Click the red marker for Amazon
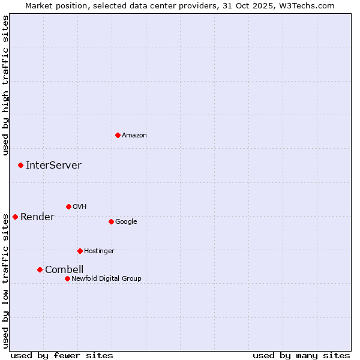pyautogui.click(x=118, y=135)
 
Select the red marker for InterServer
pyautogui.click(x=20, y=165)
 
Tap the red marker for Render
pyautogui.click(x=15, y=217)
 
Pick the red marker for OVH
pyautogui.click(x=68, y=206)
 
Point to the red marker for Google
pyautogui.click(x=111, y=221)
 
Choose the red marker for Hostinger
pyautogui.click(x=80, y=251)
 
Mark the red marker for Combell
pyautogui.click(x=40, y=269)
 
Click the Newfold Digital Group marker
pyautogui.click(x=67, y=278)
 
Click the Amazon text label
pyautogui.click(x=134, y=135)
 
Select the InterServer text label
pyautogui.click(x=53, y=165)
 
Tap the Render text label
pyautogui.click(x=37, y=217)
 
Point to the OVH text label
pyautogui.click(x=80, y=206)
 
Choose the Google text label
pyautogui.click(x=126, y=221)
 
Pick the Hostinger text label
pyautogui.click(x=99, y=251)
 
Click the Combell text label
pyautogui.click(x=64, y=269)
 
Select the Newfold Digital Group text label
pyautogui.click(x=106, y=278)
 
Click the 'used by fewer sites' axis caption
pyautogui.click(x=62, y=355)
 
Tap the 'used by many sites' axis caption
pyautogui.click(x=301, y=355)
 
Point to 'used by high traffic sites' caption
pyautogui.click(x=5, y=85)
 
